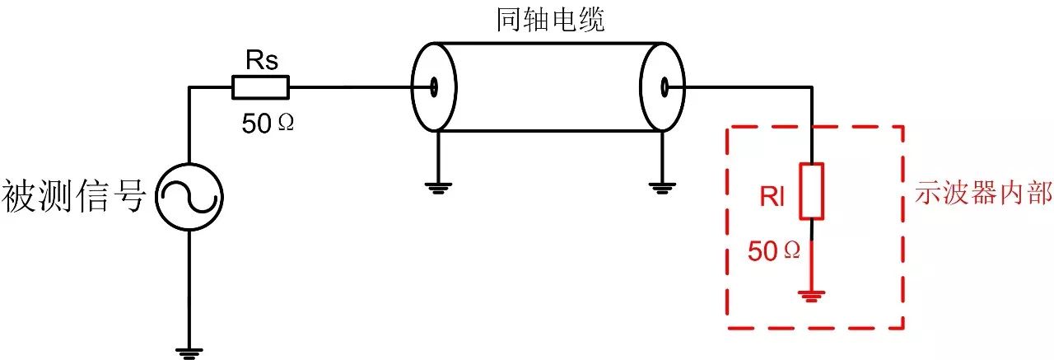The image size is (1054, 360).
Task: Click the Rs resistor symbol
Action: [x=260, y=86]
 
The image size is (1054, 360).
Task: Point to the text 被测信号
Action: [x=75, y=197]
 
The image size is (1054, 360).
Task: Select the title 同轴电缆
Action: [x=551, y=20]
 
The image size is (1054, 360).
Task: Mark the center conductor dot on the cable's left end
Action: [x=433, y=86]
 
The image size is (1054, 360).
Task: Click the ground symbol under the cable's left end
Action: [x=438, y=185]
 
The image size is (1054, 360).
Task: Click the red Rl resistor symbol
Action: [x=812, y=191]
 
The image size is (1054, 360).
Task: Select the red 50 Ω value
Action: [x=773, y=251]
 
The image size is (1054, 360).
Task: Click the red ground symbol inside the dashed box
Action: [x=813, y=295]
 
